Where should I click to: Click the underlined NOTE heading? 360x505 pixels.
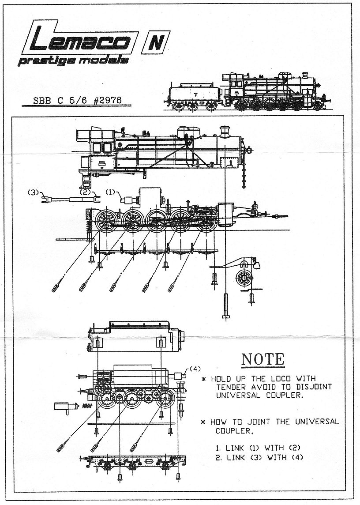263,359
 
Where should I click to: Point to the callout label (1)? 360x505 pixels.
110,192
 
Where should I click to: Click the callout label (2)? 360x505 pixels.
84,192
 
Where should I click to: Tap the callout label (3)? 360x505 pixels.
33,192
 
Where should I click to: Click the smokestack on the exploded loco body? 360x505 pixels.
225,131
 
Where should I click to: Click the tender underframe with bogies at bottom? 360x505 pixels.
133,463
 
